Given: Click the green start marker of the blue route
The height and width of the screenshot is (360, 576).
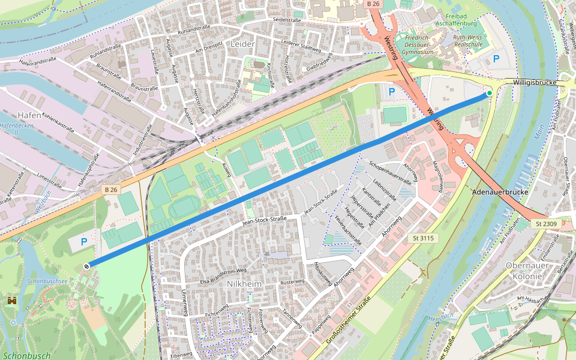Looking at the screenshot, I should (489, 93).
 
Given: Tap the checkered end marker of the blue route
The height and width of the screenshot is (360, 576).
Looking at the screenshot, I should (87, 266).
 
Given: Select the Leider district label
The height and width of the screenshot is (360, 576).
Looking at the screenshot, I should (242, 44).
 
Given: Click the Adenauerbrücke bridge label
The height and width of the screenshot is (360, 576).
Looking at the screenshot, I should (500, 193).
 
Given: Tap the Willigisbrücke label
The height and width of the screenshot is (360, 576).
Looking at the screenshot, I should (535, 82).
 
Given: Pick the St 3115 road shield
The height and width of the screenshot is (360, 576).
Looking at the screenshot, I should (422, 238).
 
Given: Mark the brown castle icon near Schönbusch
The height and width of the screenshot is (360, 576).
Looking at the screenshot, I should (12, 299).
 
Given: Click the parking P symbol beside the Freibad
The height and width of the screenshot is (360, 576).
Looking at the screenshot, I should (496, 59).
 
